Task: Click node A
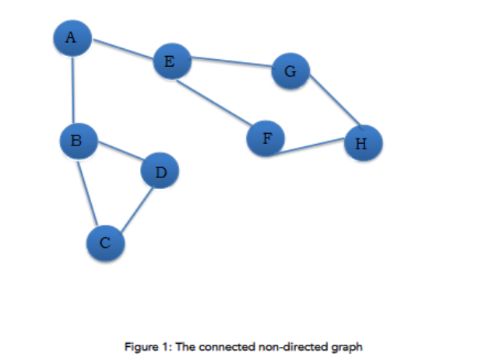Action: tap(72, 38)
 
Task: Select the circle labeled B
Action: tap(79, 141)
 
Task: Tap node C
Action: tap(105, 243)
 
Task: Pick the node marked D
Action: tap(160, 170)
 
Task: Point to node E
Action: tap(172, 61)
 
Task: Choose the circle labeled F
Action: tap(266, 138)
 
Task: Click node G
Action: tap(290, 71)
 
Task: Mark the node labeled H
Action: tap(364, 143)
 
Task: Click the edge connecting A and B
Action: tap(73, 90)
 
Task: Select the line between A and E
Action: tap(124, 49)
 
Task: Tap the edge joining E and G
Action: tap(231, 61)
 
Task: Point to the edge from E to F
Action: tap(215, 103)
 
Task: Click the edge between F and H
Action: tap(308, 146)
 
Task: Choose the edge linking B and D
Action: tap(121, 151)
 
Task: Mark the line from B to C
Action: tap(88, 194)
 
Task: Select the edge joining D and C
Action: tap(137, 209)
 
